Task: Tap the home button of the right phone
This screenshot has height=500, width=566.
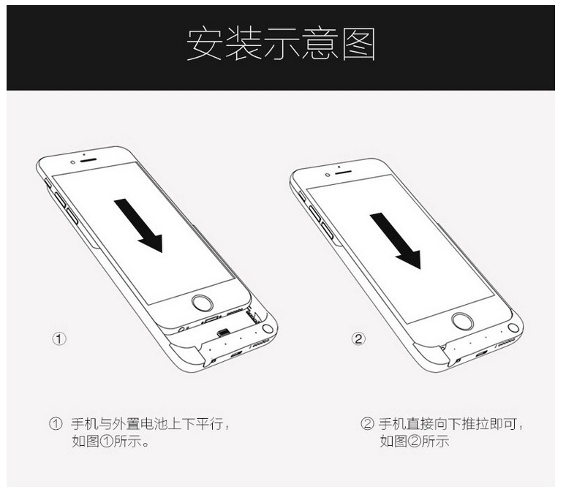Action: pos(462,321)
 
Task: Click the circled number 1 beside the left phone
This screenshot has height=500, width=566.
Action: pos(59,338)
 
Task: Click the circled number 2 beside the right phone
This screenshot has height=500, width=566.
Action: pos(358,338)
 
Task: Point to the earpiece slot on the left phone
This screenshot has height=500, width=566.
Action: pos(88,160)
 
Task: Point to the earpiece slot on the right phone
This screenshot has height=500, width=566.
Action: pos(343,172)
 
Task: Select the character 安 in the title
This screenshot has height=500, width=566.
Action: pos(204,44)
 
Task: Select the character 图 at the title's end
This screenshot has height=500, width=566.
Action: pos(359,44)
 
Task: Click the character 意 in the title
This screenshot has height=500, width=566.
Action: pos(320,44)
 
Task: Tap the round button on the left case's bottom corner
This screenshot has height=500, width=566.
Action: pos(268,329)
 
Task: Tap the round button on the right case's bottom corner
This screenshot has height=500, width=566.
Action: pos(513,328)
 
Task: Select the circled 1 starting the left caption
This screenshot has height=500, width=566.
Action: pos(56,423)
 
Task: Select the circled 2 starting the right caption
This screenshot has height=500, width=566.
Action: pos(367,423)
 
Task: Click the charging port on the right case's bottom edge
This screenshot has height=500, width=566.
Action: pos(481,354)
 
